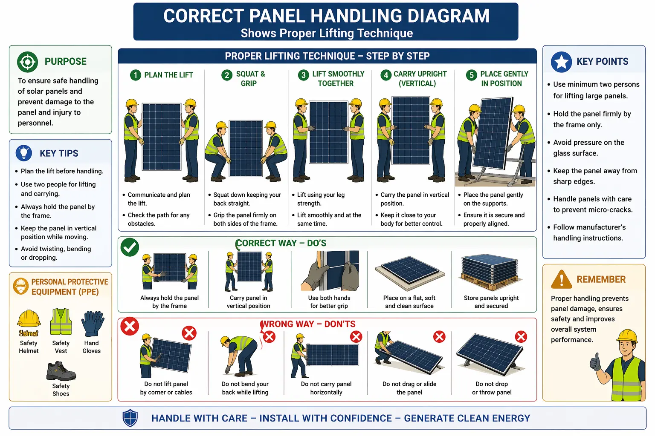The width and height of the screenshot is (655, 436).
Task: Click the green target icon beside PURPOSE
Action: pyautogui.click(x=28, y=62)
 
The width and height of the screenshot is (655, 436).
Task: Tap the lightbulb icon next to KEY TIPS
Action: pyautogui.click(x=24, y=153)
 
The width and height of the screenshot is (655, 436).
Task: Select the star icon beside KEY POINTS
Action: pyautogui.click(x=561, y=62)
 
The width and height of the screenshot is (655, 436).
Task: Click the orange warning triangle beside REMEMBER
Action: pyautogui.click(x=561, y=280)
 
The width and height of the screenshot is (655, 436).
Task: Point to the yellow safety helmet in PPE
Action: pyautogui.click(x=29, y=320)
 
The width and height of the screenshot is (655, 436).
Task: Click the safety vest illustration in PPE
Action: pyautogui.click(x=61, y=322)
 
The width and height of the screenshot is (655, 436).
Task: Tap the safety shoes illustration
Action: pyautogui.click(x=61, y=371)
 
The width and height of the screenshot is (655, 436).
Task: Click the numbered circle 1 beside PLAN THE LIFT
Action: pyautogui.click(x=135, y=75)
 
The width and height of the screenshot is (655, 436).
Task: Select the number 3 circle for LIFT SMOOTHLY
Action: pyautogui.click(x=303, y=75)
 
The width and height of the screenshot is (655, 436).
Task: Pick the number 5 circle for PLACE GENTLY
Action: pyautogui.click(x=471, y=75)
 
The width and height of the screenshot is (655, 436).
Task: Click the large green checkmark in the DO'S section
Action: pyautogui.click(x=130, y=247)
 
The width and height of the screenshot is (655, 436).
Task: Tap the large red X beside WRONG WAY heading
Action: pyautogui.click(x=130, y=327)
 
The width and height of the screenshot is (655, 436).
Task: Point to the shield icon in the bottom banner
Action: pyautogui.click(x=130, y=418)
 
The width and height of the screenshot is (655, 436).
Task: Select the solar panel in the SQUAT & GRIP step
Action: pyautogui.click(x=246, y=148)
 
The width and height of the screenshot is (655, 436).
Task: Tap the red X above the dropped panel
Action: pyautogui.click(x=521, y=337)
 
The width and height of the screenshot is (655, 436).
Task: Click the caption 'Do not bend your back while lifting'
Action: pyautogui.click(x=245, y=388)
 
